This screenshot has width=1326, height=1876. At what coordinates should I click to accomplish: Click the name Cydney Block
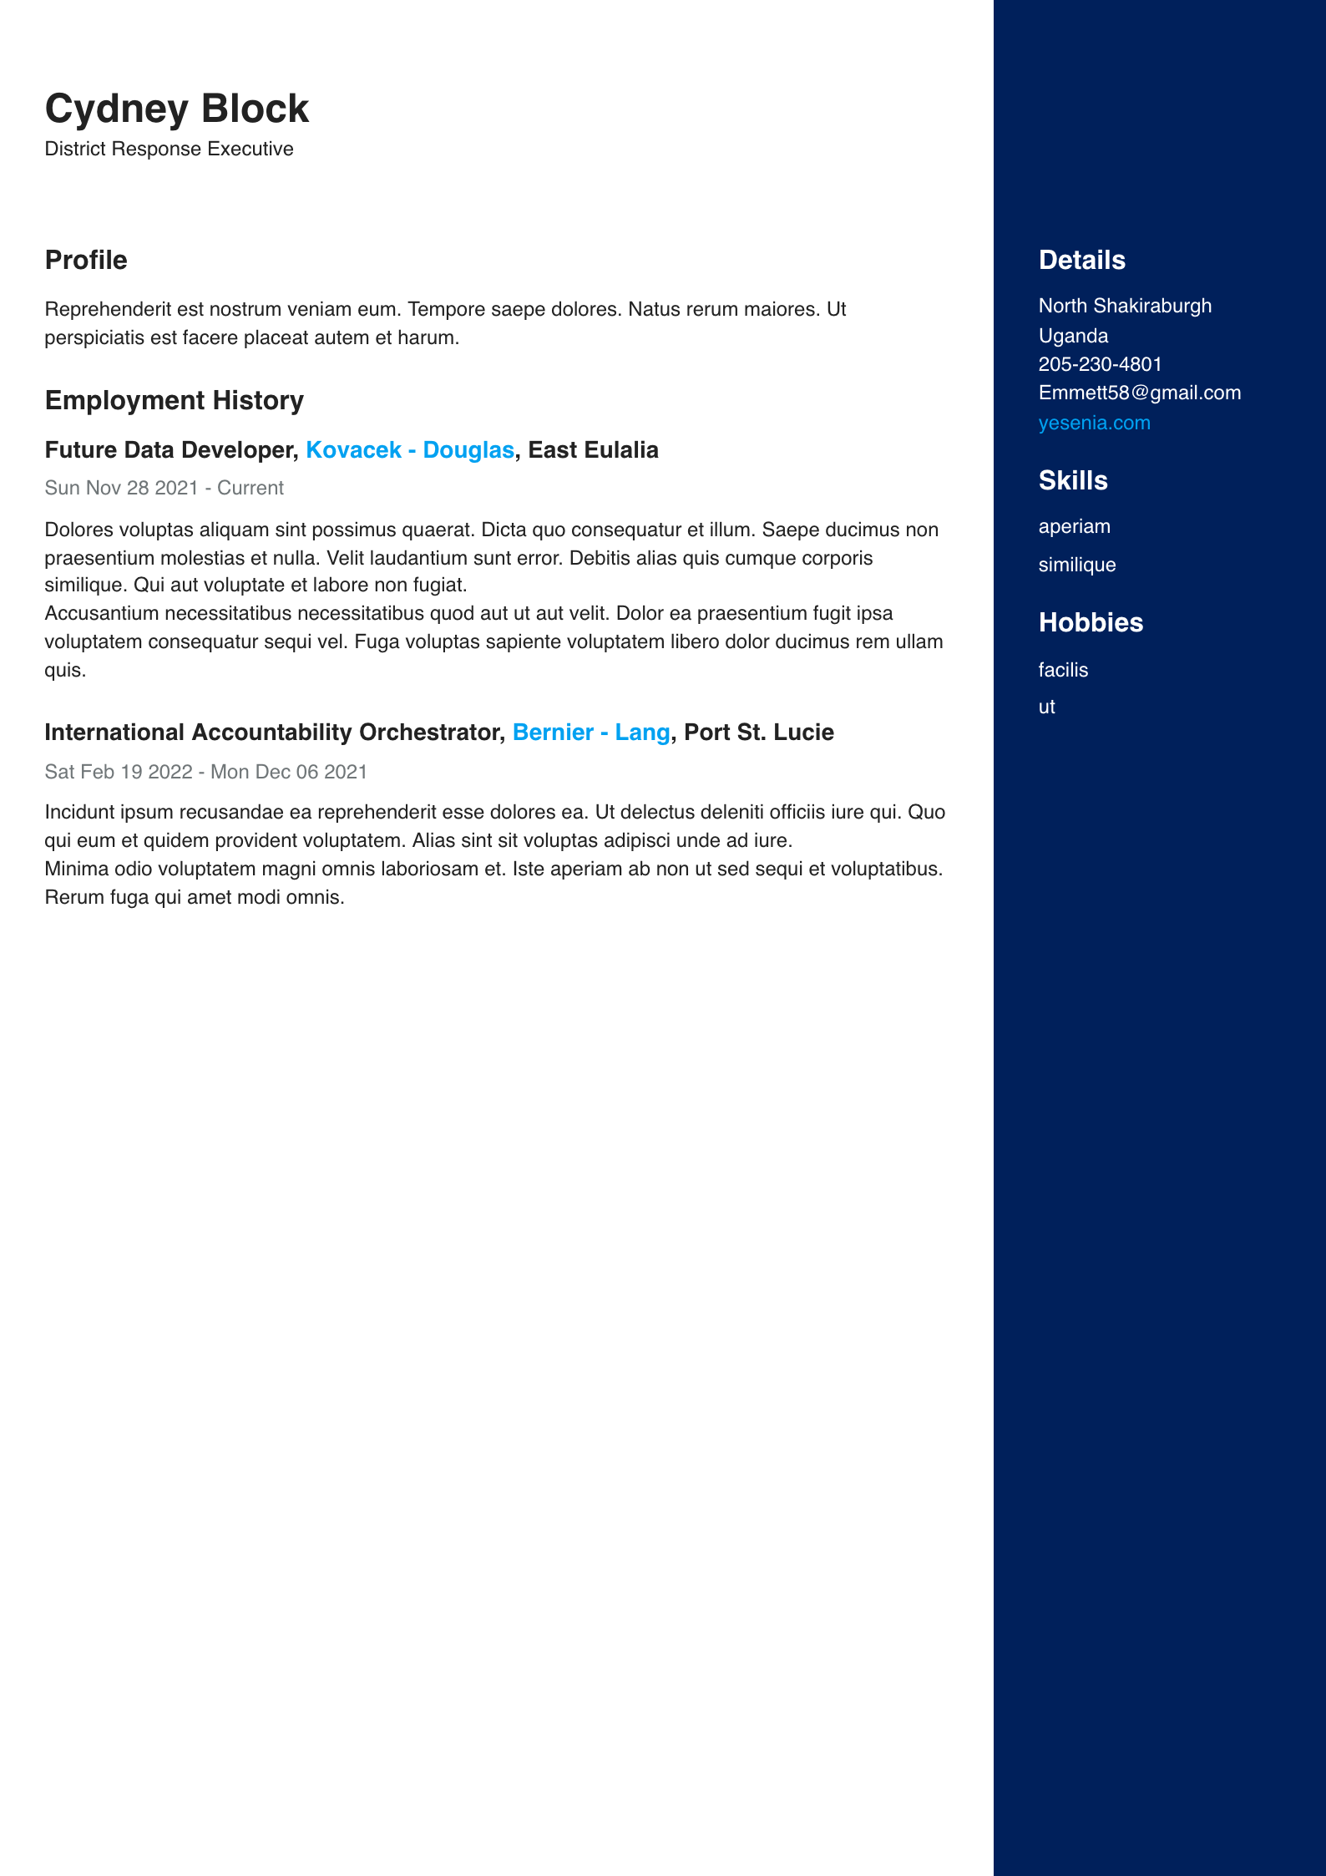(x=176, y=109)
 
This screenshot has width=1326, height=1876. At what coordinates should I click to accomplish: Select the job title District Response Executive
(x=169, y=149)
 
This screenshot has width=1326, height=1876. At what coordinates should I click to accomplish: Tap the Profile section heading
(x=86, y=260)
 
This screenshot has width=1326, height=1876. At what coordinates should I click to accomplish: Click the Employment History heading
(x=174, y=400)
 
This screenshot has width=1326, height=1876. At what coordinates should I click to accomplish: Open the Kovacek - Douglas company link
(x=409, y=450)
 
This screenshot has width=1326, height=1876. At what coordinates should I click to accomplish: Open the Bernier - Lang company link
(x=590, y=733)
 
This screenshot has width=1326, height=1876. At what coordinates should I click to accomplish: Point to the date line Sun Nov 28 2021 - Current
(x=164, y=488)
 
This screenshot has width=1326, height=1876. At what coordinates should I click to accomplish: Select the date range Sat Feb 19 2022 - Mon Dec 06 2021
(x=205, y=772)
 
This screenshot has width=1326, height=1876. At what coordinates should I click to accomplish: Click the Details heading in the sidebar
(x=1081, y=260)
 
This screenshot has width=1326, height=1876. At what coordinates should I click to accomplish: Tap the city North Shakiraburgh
(x=1125, y=306)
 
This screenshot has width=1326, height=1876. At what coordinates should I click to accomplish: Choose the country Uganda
(x=1073, y=336)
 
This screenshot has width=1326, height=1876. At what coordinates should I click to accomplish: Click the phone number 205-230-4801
(x=1100, y=364)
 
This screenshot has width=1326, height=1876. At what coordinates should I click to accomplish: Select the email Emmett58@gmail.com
(x=1139, y=393)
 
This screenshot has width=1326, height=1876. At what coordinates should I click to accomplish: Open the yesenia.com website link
(x=1094, y=423)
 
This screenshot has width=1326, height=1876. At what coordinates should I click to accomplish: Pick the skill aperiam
(x=1074, y=526)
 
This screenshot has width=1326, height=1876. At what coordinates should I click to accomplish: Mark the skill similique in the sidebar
(x=1076, y=565)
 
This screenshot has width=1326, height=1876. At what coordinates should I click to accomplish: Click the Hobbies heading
(x=1091, y=622)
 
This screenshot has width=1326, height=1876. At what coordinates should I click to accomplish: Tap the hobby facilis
(x=1063, y=670)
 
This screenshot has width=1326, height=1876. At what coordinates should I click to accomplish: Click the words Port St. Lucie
(x=758, y=733)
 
